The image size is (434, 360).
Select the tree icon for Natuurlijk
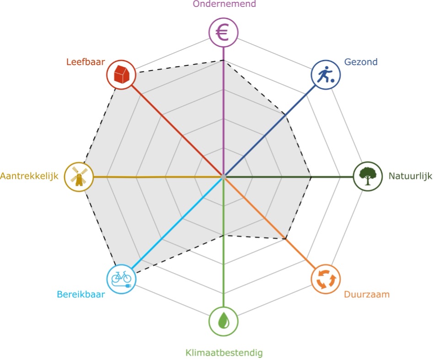(x=368, y=176)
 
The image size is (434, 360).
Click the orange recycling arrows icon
(x=325, y=279)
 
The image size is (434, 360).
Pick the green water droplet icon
(x=223, y=320)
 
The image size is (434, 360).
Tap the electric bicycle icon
(x=121, y=278)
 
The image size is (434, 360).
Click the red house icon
(x=121, y=74)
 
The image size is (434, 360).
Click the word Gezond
(x=361, y=62)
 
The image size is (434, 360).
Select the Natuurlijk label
(x=410, y=176)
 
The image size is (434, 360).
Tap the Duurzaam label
(x=367, y=294)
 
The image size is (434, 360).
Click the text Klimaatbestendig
(x=224, y=353)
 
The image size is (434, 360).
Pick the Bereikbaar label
(x=80, y=294)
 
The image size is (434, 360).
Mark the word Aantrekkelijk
(x=30, y=176)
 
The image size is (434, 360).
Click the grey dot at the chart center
(x=223, y=177)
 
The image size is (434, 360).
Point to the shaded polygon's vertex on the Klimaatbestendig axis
(x=223, y=236)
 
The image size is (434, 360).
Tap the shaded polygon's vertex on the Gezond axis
(x=285, y=115)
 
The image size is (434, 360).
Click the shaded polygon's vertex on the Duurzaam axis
(x=285, y=238)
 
